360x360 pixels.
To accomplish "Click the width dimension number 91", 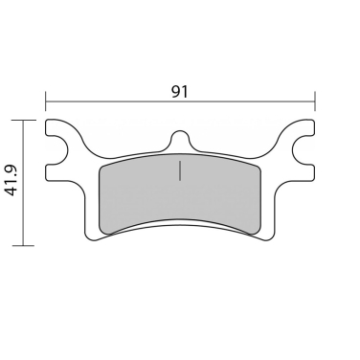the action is pyautogui.click(x=180, y=92).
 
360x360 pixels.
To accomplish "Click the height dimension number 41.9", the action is pyautogui.click(x=11, y=180).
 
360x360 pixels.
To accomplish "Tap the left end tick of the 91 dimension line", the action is pyautogui.click(x=46, y=101).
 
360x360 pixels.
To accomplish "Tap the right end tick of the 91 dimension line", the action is pyautogui.click(x=315, y=101).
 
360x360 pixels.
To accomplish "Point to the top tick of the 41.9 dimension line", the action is pyautogui.click(x=23, y=121).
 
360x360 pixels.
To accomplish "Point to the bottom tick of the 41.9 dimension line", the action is pyautogui.click(x=23, y=245).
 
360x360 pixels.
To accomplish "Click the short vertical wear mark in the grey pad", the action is pyautogui.click(x=180, y=170).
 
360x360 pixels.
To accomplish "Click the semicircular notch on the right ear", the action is pyautogui.click(x=299, y=149).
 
